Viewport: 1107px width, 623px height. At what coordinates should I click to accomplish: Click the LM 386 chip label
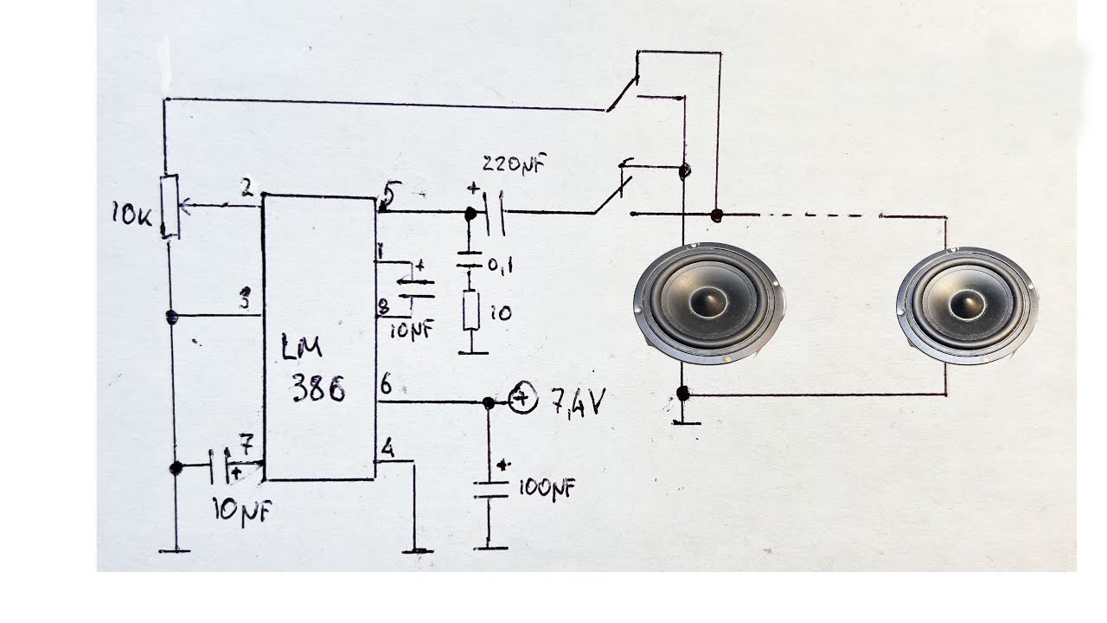pos(313,369)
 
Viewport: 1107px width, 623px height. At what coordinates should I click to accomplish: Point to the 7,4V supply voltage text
pos(579,401)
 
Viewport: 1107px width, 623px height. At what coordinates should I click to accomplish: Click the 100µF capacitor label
pos(547,489)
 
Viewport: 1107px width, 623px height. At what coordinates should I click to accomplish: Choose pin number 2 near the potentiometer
pos(247,189)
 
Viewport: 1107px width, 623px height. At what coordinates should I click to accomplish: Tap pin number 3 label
pos(246,301)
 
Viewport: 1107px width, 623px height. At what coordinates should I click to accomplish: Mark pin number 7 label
pos(246,448)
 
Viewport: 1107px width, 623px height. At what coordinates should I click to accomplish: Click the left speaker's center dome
pos(708,301)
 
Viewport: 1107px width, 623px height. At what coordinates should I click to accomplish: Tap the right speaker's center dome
pos(967,304)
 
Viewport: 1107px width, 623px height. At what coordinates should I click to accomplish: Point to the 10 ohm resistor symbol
pos(471,311)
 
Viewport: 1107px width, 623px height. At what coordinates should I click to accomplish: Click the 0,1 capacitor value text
pos(499,267)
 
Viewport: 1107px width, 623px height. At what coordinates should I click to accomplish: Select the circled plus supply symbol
pos(522,399)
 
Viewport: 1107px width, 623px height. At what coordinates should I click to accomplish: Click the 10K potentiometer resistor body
pos(170,206)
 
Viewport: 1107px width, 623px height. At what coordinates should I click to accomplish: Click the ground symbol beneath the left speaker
pos(685,421)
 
